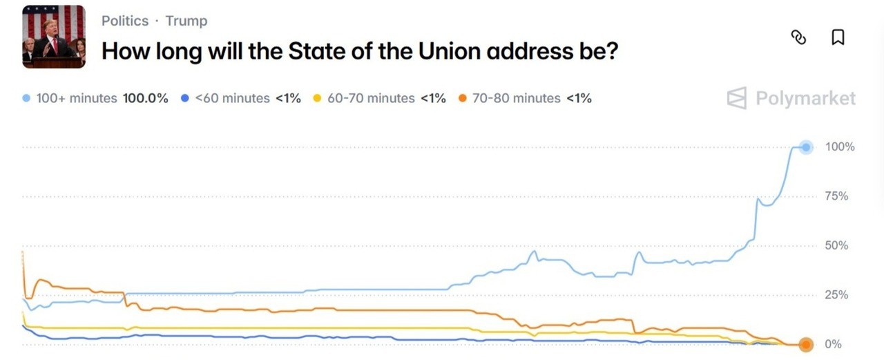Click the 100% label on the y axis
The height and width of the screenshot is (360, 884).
840,147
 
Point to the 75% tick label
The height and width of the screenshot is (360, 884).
837,196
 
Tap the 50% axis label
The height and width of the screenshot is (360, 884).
837,246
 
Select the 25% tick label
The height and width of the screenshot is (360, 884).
837,295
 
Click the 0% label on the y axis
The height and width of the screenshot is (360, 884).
834,344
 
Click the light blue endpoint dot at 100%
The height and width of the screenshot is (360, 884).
805,147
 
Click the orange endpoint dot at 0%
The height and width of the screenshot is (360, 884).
805,344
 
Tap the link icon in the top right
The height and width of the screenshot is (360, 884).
798,37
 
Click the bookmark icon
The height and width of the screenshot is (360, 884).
838,37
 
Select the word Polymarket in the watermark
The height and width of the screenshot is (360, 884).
805,99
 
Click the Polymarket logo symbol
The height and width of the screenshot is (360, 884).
737,99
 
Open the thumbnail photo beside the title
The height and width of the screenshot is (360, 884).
54,37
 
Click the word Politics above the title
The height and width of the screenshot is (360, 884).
125,21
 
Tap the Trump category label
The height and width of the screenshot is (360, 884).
186,21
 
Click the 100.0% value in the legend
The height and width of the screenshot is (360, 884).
146,98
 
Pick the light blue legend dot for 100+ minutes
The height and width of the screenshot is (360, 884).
26,98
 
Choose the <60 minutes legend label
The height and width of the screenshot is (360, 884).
232,98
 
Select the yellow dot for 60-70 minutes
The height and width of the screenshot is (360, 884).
317,98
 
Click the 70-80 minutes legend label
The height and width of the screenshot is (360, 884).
517,98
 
